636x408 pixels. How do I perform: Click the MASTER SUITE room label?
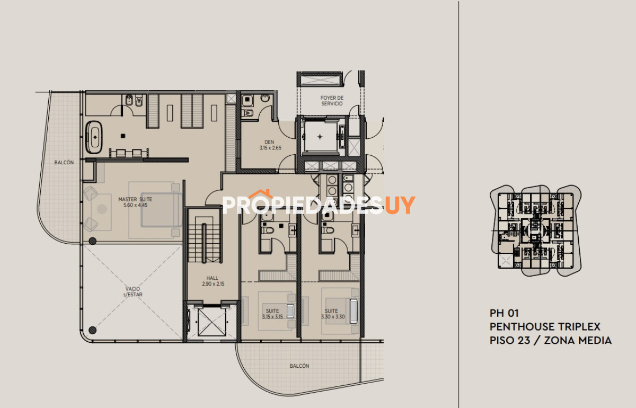pos(135,202)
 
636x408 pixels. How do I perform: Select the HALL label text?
pos(213,278)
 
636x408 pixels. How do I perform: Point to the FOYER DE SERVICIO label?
pos(332,101)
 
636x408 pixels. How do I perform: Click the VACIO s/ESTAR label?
pos(132,291)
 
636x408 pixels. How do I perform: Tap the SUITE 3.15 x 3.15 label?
pos(272,314)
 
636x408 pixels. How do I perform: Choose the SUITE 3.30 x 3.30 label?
pos(333,314)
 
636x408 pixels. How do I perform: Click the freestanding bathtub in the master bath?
pos(94,137)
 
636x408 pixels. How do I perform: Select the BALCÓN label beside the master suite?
pos(64,162)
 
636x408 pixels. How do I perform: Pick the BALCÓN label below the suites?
pos(299,366)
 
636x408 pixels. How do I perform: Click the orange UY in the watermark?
pos(400,205)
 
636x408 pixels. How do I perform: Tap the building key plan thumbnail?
pos(535,230)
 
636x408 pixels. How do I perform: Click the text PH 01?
pos(504,313)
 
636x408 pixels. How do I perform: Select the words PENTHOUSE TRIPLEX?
pos(545,327)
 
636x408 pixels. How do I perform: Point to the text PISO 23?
pos(510,340)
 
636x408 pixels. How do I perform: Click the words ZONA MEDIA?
pos(578,340)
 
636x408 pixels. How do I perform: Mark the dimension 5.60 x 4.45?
pos(136,205)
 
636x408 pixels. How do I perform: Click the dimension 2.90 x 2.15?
pos(213,283)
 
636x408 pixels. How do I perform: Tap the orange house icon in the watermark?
pos(260,194)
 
